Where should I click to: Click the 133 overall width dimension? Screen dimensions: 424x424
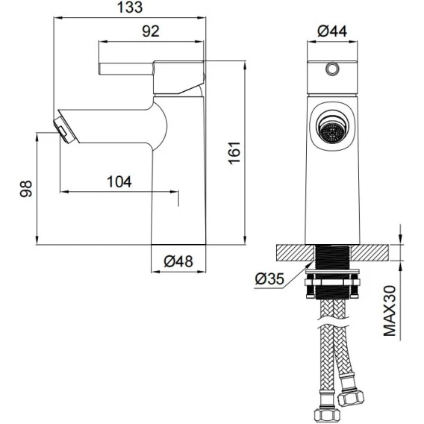tap(130, 7)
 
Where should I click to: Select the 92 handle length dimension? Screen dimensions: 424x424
tap(151, 31)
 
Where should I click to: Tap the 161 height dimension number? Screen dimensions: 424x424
tap(234, 152)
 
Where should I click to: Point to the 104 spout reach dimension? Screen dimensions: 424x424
tap(119, 181)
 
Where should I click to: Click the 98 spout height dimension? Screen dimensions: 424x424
tap(26, 189)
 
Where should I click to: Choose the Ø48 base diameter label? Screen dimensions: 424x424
tap(178, 261)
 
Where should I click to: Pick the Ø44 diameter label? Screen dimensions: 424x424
tap(332, 31)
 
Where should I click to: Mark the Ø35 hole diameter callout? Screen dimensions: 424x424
tap(269, 278)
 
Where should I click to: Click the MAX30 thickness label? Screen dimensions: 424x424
tap(390, 311)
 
